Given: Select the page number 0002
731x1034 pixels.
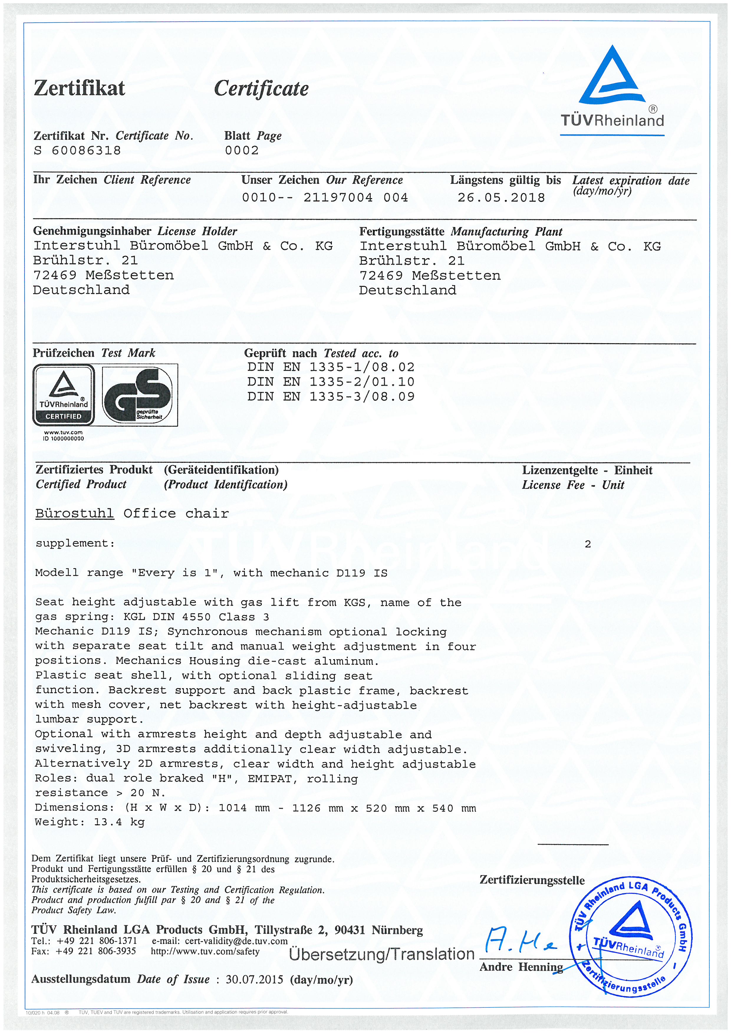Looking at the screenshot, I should [x=242, y=150].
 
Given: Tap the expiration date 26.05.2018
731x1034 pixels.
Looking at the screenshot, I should [x=501, y=198].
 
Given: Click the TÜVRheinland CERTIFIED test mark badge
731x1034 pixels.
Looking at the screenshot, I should [x=63, y=395].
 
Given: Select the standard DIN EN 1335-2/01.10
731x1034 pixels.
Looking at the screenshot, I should [x=330, y=382].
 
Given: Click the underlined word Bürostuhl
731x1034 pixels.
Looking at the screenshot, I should [x=75, y=513].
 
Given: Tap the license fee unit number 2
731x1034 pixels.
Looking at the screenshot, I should [x=587, y=544].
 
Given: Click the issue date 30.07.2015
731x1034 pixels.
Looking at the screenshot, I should [x=254, y=979].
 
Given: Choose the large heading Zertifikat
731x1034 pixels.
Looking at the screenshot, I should [x=79, y=88].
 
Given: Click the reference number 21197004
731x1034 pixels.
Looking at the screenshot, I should [x=337, y=198].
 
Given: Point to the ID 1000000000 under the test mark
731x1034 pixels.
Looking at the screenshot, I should [x=63, y=438].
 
